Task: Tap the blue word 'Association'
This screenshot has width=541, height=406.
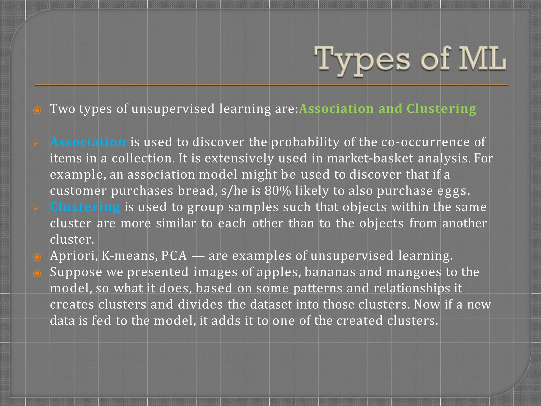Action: coord(88,142)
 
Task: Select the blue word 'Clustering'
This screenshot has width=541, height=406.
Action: coord(85,207)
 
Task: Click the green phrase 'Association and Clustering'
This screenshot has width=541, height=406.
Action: coord(387,109)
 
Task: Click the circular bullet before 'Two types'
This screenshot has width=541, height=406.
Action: coord(37,110)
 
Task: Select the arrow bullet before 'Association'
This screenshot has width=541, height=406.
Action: coord(36,143)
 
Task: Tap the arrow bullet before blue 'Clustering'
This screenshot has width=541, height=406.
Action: coord(36,208)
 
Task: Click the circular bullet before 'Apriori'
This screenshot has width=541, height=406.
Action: coord(37,257)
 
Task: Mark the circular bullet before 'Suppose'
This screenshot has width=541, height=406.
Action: coord(37,273)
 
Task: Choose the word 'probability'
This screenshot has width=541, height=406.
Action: coord(305,142)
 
